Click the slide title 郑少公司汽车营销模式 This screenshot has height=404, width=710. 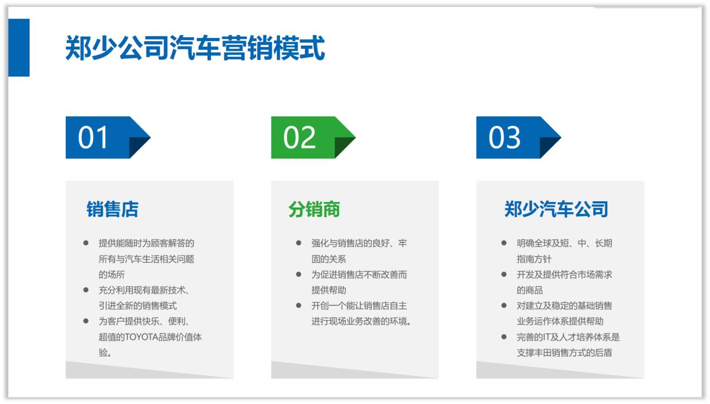tap(195, 48)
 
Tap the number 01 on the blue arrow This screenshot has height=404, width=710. tap(93, 138)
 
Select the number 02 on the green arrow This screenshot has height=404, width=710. tap(299, 138)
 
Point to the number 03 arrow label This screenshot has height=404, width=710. tap(504, 138)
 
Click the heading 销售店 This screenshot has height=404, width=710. tap(112, 209)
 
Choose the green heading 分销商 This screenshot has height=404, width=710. tap(314, 209)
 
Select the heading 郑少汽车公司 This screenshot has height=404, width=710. tap(555, 209)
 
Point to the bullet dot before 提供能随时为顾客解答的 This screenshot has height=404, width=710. tap(86, 243)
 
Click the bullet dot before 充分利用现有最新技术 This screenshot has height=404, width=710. tap(86, 290)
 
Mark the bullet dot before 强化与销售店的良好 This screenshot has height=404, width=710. tap(298, 243)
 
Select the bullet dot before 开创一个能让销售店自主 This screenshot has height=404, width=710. tap(298, 305)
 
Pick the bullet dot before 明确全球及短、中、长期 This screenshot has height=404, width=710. tap(504, 243)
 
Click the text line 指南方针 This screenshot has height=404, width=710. tap(534, 259)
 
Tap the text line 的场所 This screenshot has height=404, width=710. tap(112, 274)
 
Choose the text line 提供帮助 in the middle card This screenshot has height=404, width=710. tap(329, 290)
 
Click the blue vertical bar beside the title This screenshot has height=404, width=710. tap(19, 48)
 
